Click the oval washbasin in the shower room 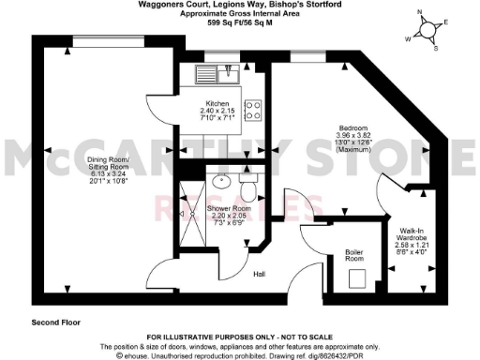tap(221, 182)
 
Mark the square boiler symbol tap(355, 277)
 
